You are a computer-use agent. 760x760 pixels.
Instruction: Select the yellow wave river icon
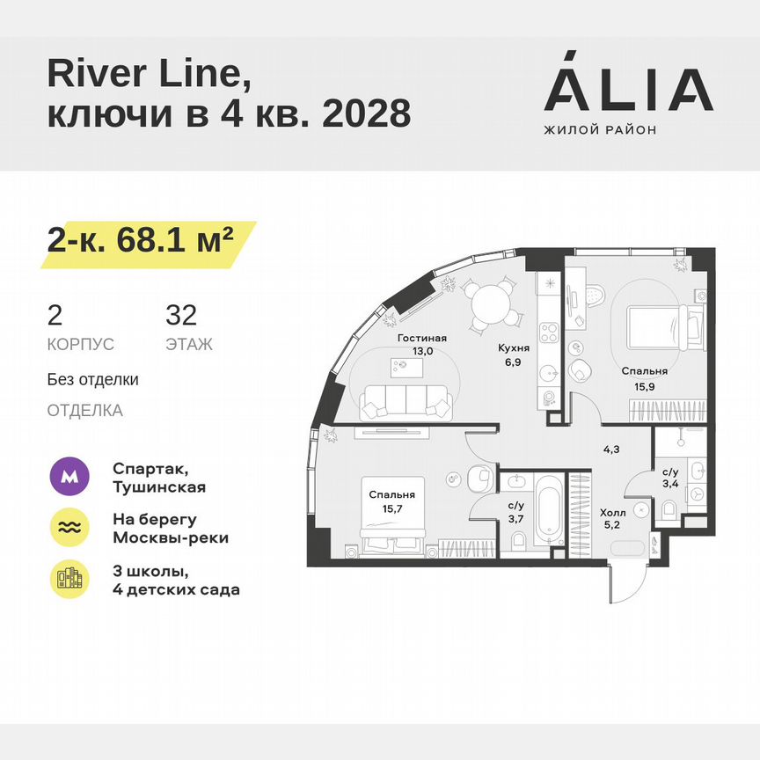coord(70,528)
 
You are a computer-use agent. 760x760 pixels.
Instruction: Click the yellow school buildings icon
coord(70,579)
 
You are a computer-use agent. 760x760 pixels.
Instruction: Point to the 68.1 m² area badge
coord(141,239)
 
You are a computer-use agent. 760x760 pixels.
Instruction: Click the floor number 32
coord(181,314)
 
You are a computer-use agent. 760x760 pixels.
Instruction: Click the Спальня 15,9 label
coord(645,377)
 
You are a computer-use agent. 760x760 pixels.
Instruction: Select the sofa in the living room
coord(404,404)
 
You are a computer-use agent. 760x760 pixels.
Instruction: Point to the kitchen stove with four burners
coord(550,332)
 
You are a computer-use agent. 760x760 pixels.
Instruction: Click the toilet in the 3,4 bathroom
coord(668,508)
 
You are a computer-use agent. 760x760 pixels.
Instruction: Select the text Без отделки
coord(93,380)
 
